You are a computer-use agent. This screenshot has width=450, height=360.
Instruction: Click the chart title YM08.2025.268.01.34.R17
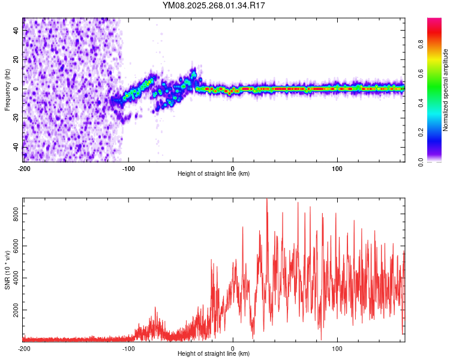coord(214,5)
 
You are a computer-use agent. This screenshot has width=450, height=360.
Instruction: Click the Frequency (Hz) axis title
coord(7,90)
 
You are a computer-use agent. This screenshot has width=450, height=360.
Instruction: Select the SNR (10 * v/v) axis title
coord(7,270)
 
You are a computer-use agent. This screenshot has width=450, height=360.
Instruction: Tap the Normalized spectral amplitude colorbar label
coord(446,90)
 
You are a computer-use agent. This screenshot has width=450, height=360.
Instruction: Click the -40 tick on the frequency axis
coord(16,147)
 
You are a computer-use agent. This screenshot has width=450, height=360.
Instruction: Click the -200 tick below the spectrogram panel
coord(24,169)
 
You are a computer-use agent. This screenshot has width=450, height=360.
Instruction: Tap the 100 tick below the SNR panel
coord(337,348)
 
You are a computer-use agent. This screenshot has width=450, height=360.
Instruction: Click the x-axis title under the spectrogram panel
coord(214,174)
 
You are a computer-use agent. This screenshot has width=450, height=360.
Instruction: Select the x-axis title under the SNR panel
coord(214,354)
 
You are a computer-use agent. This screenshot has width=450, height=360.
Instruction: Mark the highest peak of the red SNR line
coord(267,199)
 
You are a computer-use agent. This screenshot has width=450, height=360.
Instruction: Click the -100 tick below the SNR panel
coord(128,348)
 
